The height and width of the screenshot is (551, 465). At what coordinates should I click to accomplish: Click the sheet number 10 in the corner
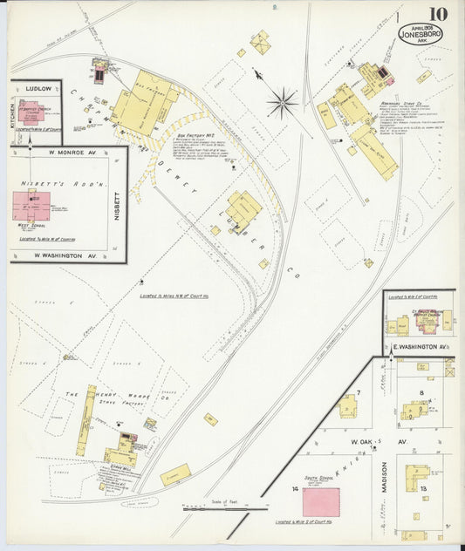(438, 14)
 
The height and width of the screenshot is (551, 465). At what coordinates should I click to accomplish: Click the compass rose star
(281, 103)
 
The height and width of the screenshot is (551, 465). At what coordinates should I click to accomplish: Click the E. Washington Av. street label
(420, 347)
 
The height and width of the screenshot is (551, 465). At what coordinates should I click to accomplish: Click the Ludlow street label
(39, 88)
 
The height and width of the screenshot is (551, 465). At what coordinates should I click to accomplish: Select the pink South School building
(321, 500)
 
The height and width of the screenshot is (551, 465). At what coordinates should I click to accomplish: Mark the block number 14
(296, 491)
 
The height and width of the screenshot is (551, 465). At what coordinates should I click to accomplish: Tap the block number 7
(358, 392)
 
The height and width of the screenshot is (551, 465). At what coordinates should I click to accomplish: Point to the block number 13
(423, 488)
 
